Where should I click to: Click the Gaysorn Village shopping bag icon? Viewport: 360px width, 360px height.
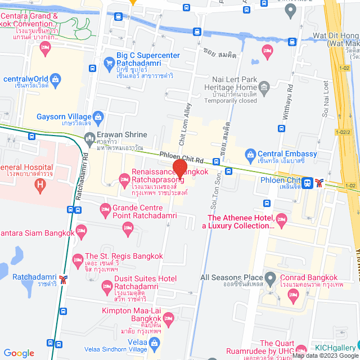[x=98, y=118]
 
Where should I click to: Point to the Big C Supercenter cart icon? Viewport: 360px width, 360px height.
[x=109, y=63]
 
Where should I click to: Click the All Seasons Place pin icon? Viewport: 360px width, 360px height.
[x=271, y=278]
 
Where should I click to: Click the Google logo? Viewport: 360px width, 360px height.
[x=19, y=353]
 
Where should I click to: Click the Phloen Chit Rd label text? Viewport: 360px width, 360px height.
[x=181, y=157]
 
